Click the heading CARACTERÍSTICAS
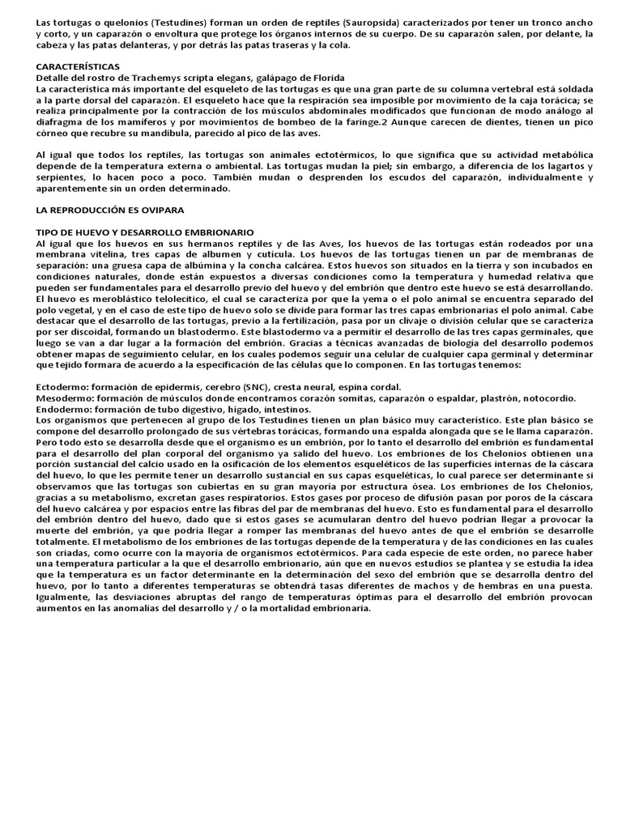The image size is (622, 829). [78, 65]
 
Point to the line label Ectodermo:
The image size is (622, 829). [63, 388]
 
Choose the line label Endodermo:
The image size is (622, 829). [64, 409]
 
